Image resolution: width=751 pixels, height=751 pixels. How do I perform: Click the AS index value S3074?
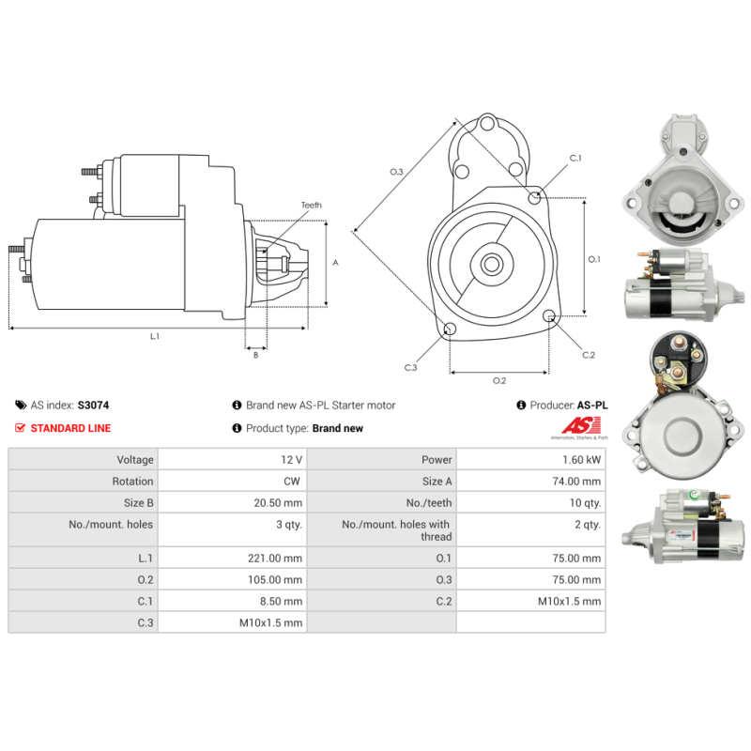coord(93,406)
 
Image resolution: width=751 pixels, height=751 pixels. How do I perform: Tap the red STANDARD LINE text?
coord(71,428)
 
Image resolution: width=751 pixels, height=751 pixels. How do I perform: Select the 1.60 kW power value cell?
coord(530,459)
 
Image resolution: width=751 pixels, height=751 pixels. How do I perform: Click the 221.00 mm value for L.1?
coord(232,558)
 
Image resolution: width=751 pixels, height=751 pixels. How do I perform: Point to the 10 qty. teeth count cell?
coord(530,503)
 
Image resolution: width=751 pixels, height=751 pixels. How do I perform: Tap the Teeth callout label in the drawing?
coord(312,205)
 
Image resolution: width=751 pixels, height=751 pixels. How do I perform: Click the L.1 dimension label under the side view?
coord(155,336)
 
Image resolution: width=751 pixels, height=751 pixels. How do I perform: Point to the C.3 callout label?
coord(411,367)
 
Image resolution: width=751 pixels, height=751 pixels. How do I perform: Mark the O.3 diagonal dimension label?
coord(396,172)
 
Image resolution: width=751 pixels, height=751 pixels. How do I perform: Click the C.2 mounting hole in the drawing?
coord(549,315)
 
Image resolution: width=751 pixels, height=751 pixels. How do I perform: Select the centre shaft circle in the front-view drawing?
coord(492,264)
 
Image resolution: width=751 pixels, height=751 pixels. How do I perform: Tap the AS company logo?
coord(580,428)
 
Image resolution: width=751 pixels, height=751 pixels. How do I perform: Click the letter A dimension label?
coord(335,263)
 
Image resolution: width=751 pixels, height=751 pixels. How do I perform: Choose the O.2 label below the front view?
coord(499,380)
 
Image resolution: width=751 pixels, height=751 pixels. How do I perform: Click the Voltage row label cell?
coord(84,459)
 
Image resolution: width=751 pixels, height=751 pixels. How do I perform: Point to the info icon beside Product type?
coord(237,428)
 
